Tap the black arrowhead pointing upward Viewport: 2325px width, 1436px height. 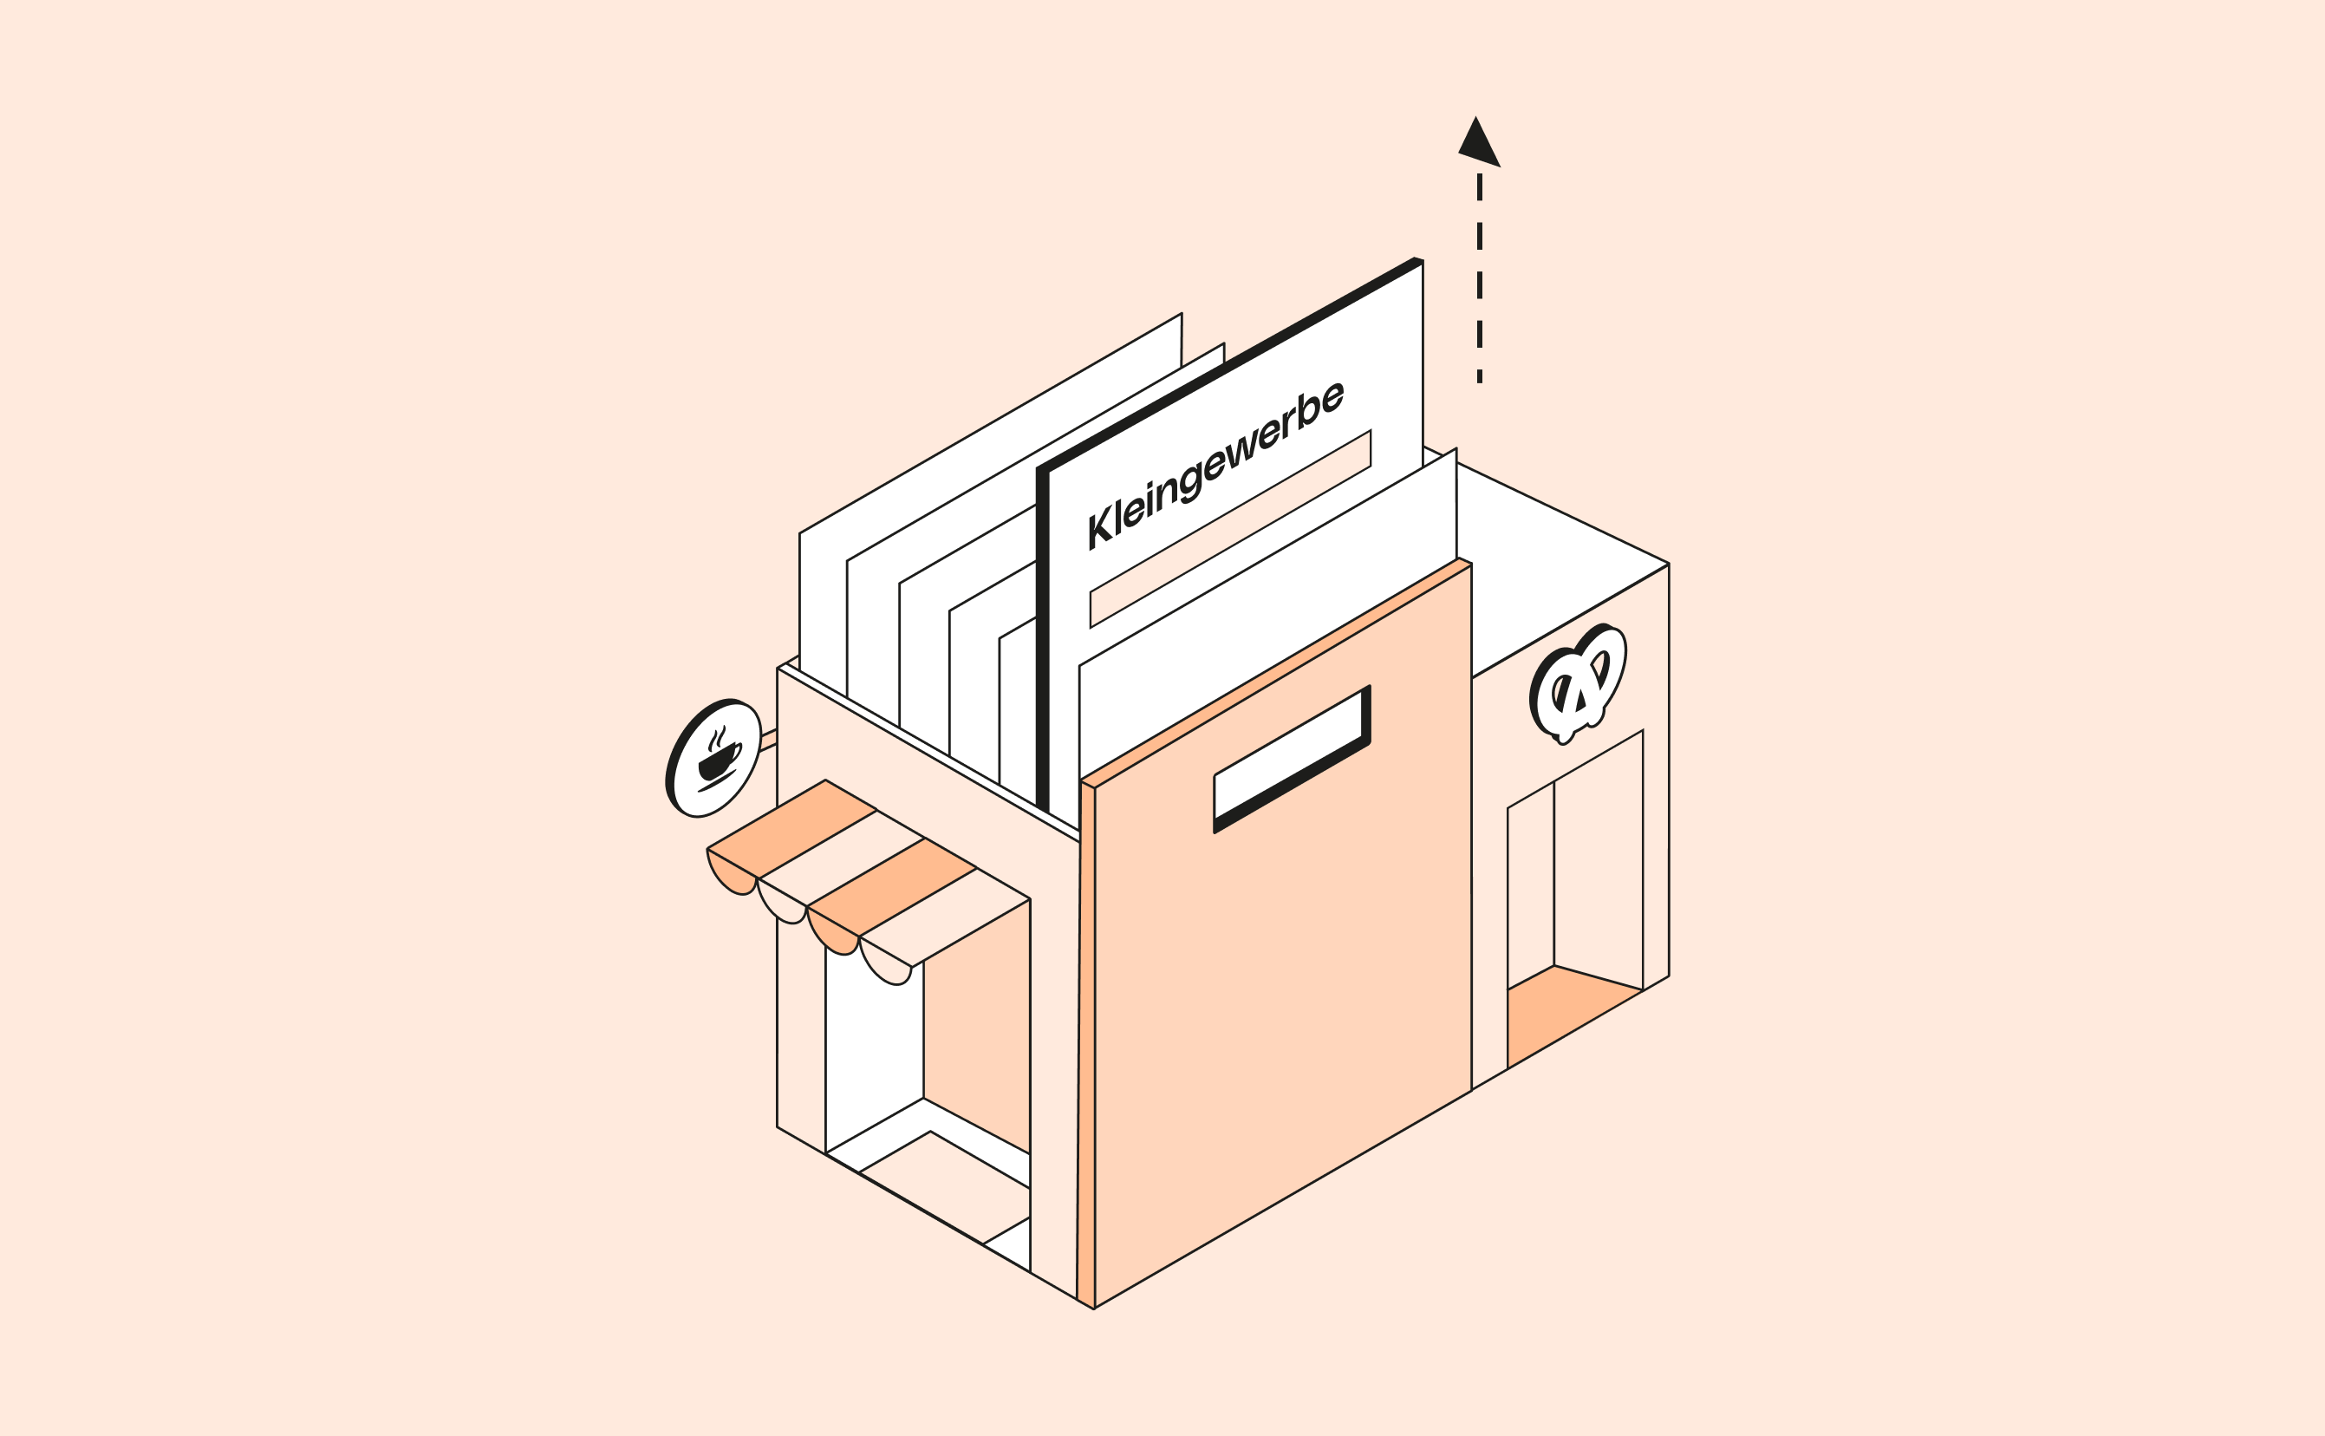tap(1478, 143)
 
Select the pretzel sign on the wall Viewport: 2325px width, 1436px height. tap(1578, 682)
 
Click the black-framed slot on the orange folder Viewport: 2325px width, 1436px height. tap(1292, 759)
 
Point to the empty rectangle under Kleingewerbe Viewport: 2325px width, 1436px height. tap(1230, 529)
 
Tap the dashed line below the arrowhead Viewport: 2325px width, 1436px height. tap(1479, 278)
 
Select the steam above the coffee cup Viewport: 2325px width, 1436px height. tap(718, 738)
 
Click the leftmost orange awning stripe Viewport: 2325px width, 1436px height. tap(791, 829)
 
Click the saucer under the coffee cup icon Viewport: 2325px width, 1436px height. tap(717, 780)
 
